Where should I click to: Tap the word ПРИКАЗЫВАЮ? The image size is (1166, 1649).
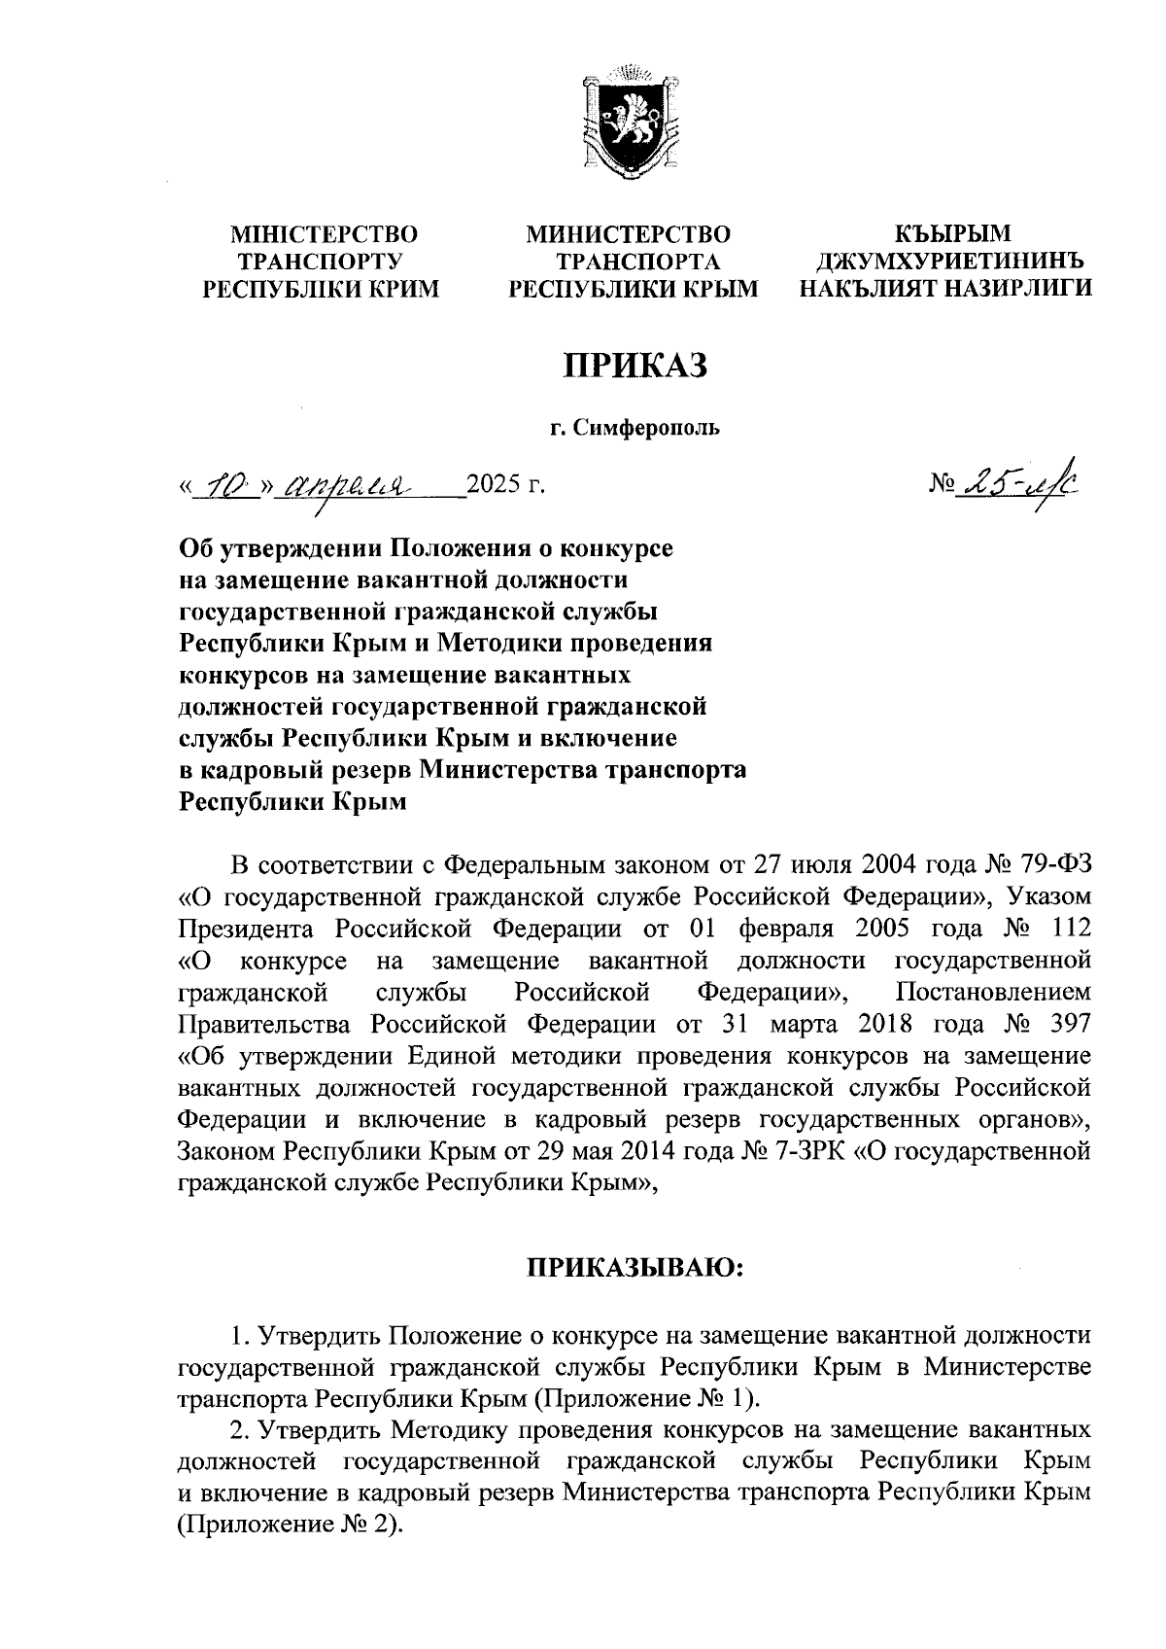(634, 1268)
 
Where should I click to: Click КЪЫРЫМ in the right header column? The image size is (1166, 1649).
(952, 234)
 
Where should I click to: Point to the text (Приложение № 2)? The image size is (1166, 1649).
(290, 1525)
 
